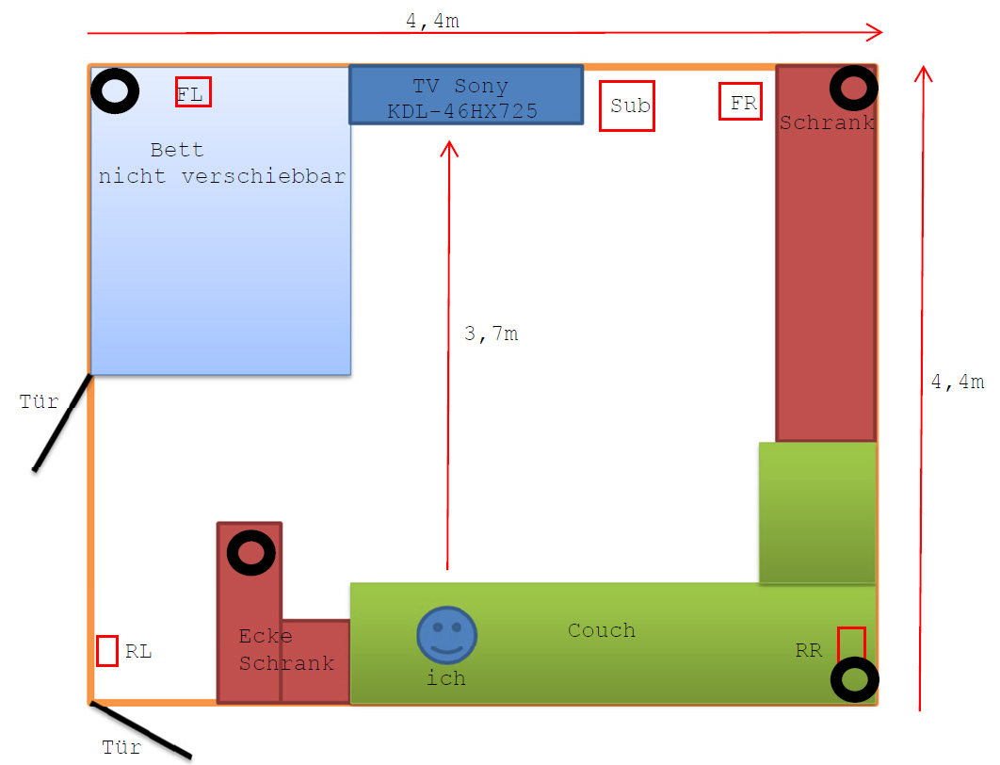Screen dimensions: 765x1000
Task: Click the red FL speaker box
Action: point(193,92)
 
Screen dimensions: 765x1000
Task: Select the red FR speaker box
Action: point(740,102)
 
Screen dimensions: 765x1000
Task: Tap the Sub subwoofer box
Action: point(627,106)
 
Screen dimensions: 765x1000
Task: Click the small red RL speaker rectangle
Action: point(107,651)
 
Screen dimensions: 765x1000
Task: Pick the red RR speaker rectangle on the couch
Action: point(851,646)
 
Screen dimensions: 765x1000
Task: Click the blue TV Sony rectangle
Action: point(466,94)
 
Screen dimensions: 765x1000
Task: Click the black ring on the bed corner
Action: point(116,91)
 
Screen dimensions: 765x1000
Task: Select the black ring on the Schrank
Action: point(854,89)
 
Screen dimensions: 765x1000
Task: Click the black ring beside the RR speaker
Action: point(855,679)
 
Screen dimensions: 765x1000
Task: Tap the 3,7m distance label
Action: point(491,334)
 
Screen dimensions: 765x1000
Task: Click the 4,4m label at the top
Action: point(433,21)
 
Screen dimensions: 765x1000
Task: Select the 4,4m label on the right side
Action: point(957,382)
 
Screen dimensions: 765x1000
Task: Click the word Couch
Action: point(601,630)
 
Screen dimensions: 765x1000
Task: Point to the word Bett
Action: point(177,150)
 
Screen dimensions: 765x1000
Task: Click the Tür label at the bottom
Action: point(121,748)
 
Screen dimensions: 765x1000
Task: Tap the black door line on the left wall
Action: point(63,422)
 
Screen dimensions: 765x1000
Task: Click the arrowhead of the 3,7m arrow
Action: point(449,149)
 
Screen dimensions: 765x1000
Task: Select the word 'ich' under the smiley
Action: point(445,678)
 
